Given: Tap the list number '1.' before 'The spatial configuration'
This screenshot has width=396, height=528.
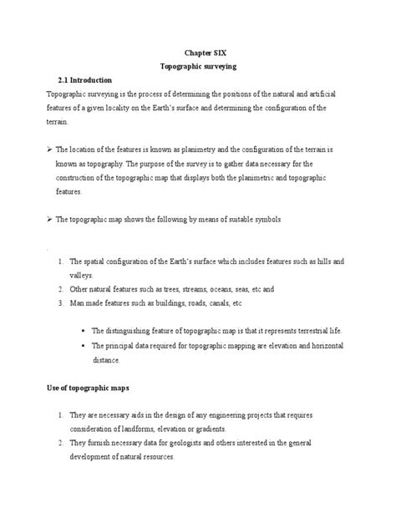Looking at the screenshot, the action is click(x=61, y=261).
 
